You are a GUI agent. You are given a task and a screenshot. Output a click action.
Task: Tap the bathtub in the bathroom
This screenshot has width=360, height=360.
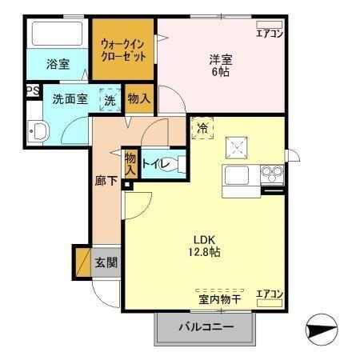click(x=57, y=34)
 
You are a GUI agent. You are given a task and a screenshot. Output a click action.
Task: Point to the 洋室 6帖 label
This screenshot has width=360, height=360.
click(x=222, y=65)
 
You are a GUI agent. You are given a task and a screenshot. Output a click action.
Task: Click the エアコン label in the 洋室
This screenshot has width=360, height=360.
click(x=270, y=33)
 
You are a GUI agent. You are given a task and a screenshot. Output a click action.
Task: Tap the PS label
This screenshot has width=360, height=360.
click(x=32, y=91)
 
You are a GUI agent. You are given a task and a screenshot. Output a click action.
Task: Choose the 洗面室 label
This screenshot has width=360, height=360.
click(x=69, y=100)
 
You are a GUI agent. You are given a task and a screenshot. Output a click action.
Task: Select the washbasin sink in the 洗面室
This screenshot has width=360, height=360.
click(x=37, y=132)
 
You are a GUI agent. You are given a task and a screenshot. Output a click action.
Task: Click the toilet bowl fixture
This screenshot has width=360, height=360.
click(x=180, y=165)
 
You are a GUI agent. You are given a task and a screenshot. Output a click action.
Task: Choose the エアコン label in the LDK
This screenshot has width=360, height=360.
click(x=270, y=294)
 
